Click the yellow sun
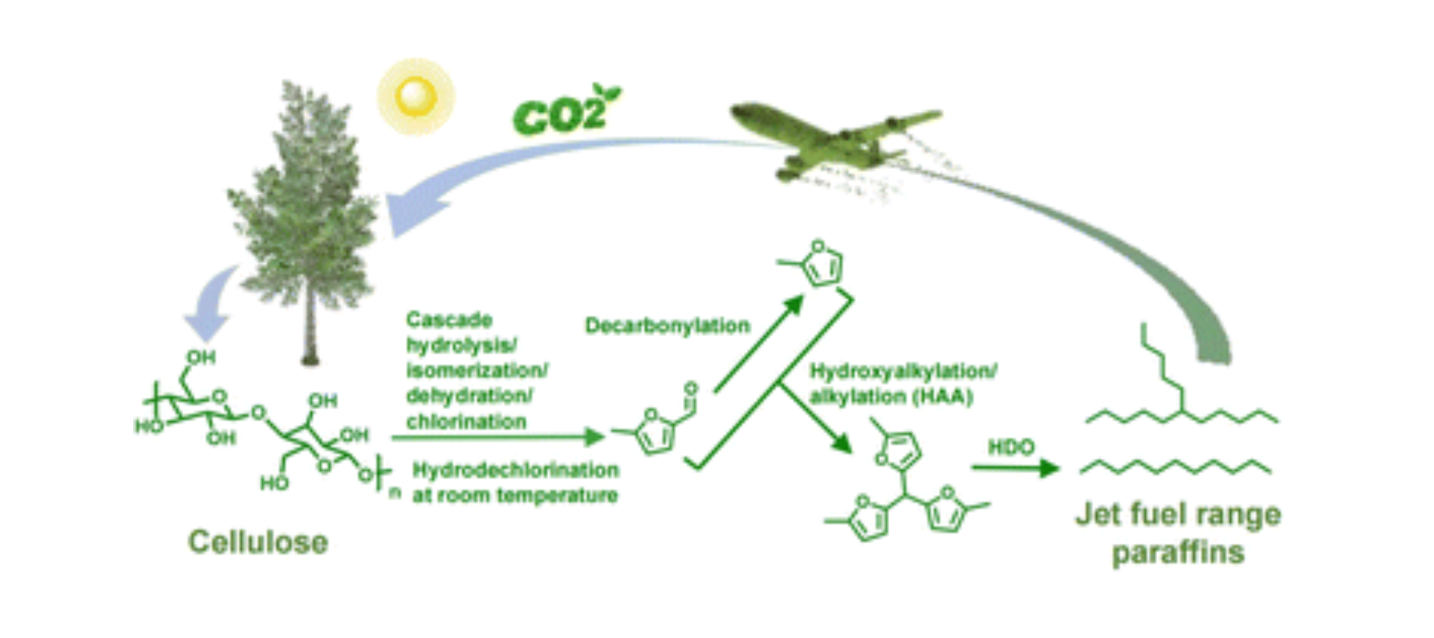(415, 97)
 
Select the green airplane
(828, 138)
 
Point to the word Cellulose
(258, 542)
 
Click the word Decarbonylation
(667, 325)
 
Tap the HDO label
(1011, 447)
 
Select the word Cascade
(449, 319)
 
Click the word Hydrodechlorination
(516, 470)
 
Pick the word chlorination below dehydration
(466, 422)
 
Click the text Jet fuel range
(1177, 515)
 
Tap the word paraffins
(1177, 553)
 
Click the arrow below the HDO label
(1015, 468)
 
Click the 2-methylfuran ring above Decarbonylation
(821, 264)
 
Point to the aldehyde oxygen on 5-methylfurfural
(690, 388)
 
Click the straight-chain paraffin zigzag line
(1176, 467)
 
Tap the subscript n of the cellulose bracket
(395, 493)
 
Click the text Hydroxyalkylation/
(902, 372)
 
